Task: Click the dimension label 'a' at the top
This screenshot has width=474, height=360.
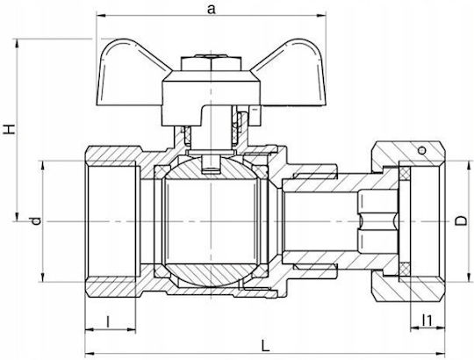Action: (212, 9)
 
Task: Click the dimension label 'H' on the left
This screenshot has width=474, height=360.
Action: (9, 129)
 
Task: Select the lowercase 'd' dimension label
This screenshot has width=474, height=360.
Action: (36, 220)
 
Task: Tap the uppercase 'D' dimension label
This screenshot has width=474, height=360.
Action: (461, 220)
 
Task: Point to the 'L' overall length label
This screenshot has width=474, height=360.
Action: (265, 345)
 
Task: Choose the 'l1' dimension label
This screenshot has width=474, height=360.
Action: (427, 320)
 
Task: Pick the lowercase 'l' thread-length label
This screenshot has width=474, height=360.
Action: (108, 321)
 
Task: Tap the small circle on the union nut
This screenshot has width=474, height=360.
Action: (422, 150)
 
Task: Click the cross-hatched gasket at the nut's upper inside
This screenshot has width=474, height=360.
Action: (405, 174)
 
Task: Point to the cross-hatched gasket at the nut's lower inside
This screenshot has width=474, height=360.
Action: (405, 269)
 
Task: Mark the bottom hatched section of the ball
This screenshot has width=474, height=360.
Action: (211, 274)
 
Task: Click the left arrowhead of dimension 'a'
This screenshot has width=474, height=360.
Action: (101, 15)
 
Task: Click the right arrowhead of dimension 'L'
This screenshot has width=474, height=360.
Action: (440, 354)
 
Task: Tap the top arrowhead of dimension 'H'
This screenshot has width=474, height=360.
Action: (17, 44)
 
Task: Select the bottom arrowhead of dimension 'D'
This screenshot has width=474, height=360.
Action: (469, 277)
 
